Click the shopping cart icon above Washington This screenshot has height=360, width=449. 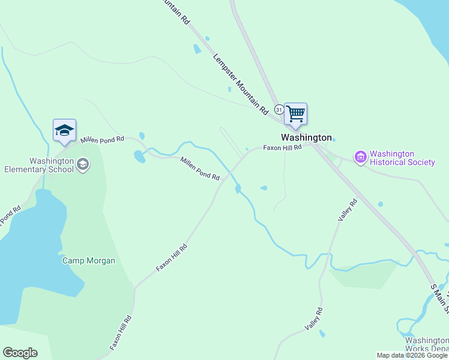[295, 113]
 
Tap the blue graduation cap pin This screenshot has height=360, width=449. [64, 130]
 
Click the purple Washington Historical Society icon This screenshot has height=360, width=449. [360, 158]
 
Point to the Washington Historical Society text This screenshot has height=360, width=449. [402, 158]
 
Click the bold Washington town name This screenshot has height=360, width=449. [306, 137]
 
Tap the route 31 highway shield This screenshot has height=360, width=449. [279, 109]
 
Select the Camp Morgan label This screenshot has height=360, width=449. [89, 260]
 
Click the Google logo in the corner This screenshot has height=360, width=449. [20, 353]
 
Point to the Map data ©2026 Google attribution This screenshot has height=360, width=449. [412, 355]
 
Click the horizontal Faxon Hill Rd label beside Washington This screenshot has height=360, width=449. [282, 148]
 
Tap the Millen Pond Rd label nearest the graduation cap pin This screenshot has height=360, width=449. [102, 139]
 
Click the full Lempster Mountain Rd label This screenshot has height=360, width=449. [240, 84]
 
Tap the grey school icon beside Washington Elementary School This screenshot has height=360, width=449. [83, 164]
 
